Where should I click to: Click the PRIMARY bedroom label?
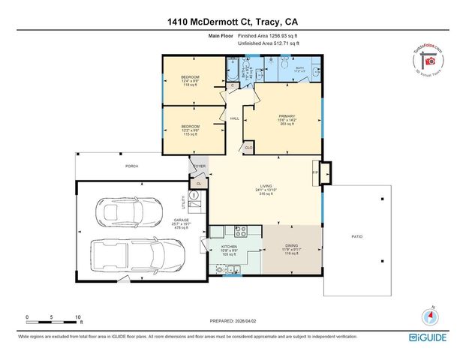tap(284, 115)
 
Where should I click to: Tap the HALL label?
tap(234, 119)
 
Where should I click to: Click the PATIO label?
tap(357, 237)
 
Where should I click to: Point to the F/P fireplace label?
tap(315, 172)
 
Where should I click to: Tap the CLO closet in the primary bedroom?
tap(249, 148)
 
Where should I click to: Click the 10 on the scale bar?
tap(77, 317)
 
